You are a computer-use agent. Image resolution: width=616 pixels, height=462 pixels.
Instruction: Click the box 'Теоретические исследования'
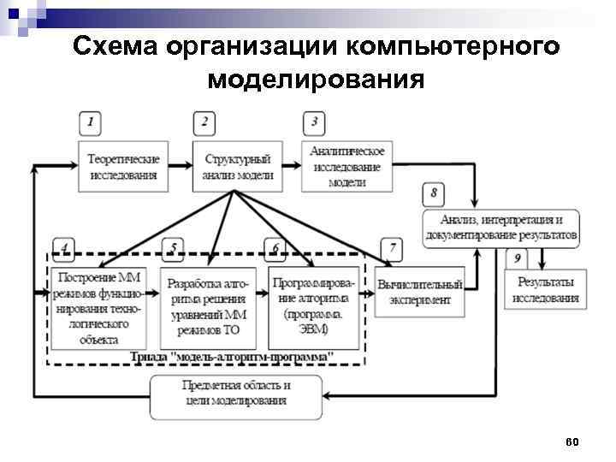tap(124, 167)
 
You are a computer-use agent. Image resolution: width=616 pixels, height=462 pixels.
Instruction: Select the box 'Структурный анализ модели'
tap(238, 167)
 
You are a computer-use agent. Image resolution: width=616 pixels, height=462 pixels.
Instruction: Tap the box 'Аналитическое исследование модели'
tap(346, 166)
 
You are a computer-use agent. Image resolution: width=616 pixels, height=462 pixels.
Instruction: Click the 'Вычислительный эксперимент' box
tap(419, 293)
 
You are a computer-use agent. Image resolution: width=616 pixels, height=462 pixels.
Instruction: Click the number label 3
tap(314, 122)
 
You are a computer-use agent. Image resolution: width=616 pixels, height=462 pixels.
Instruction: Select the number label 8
tap(434, 192)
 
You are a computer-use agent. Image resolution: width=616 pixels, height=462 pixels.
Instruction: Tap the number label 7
tap(392, 249)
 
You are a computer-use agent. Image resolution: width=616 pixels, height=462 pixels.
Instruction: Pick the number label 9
tap(517, 258)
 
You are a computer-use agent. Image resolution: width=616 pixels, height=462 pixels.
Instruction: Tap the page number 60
tap(572, 441)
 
